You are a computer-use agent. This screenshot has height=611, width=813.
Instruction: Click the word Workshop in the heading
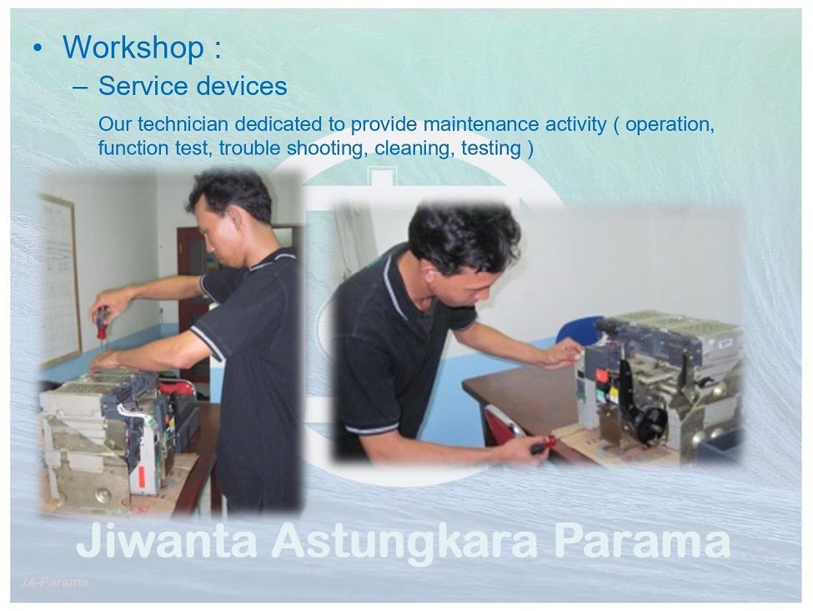(x=133, y=47)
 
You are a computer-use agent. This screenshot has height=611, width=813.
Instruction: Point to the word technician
(x=183, y=124)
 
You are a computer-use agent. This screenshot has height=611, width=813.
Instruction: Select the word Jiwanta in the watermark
(x=167, y=541)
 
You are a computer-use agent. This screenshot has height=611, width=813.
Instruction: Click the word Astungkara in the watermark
(x=405, y=543)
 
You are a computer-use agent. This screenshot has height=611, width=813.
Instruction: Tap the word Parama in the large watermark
(x=642, y=541)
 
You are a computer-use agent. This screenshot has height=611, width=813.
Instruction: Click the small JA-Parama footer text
(x=53, y=583)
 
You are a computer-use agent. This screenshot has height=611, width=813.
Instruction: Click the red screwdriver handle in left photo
(x=103, y=321)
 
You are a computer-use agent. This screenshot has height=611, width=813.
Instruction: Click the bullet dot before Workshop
(x=37, y=48)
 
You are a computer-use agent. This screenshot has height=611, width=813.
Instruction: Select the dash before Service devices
(x=80, y=87)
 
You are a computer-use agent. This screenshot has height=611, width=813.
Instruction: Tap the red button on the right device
(x=602, y=374)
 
